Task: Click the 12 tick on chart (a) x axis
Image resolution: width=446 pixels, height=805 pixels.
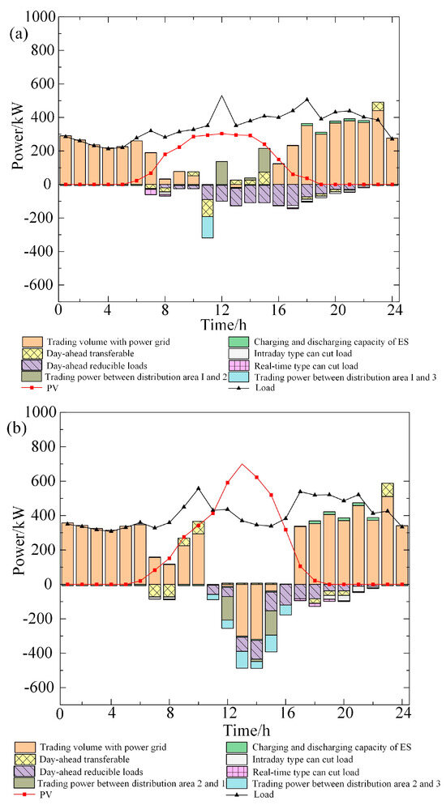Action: click(221, 309)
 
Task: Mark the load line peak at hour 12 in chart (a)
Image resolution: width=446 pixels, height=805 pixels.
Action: click(221, 96)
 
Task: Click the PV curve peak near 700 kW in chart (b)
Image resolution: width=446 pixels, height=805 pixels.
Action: click(242, 464)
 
